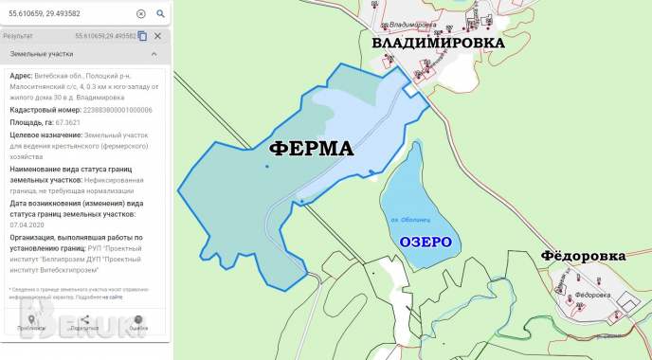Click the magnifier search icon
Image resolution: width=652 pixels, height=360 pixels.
pyautogui.click(x=160, y=14)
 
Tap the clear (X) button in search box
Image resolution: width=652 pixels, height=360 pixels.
pyautogui.click(x=141, y=14)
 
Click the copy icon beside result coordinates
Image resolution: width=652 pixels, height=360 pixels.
pyautogui.click(x=142, y=36)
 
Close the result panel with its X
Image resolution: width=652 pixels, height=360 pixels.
pyautogui.click(x=157, y=36)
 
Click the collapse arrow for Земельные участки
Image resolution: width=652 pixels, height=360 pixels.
pyautogui.click(x=154, y=54)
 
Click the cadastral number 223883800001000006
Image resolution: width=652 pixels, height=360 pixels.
pyautogui.click(x=110, y=110)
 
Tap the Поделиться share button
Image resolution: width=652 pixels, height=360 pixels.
pyautogui.click(x=84, y=323)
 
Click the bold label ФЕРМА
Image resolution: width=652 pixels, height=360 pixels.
pyautogui.click(x=311, y=149)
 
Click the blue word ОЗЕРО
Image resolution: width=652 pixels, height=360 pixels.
pyautogui.click(x=425, y=242)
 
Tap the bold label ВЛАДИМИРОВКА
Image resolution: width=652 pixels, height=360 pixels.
pyautogui.click(x=437, y=43)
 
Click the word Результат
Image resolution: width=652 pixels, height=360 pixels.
pyautogui.click(x=18, y=36)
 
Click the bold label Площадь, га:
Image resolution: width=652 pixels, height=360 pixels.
pyautogui.click(x=32, y=122)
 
